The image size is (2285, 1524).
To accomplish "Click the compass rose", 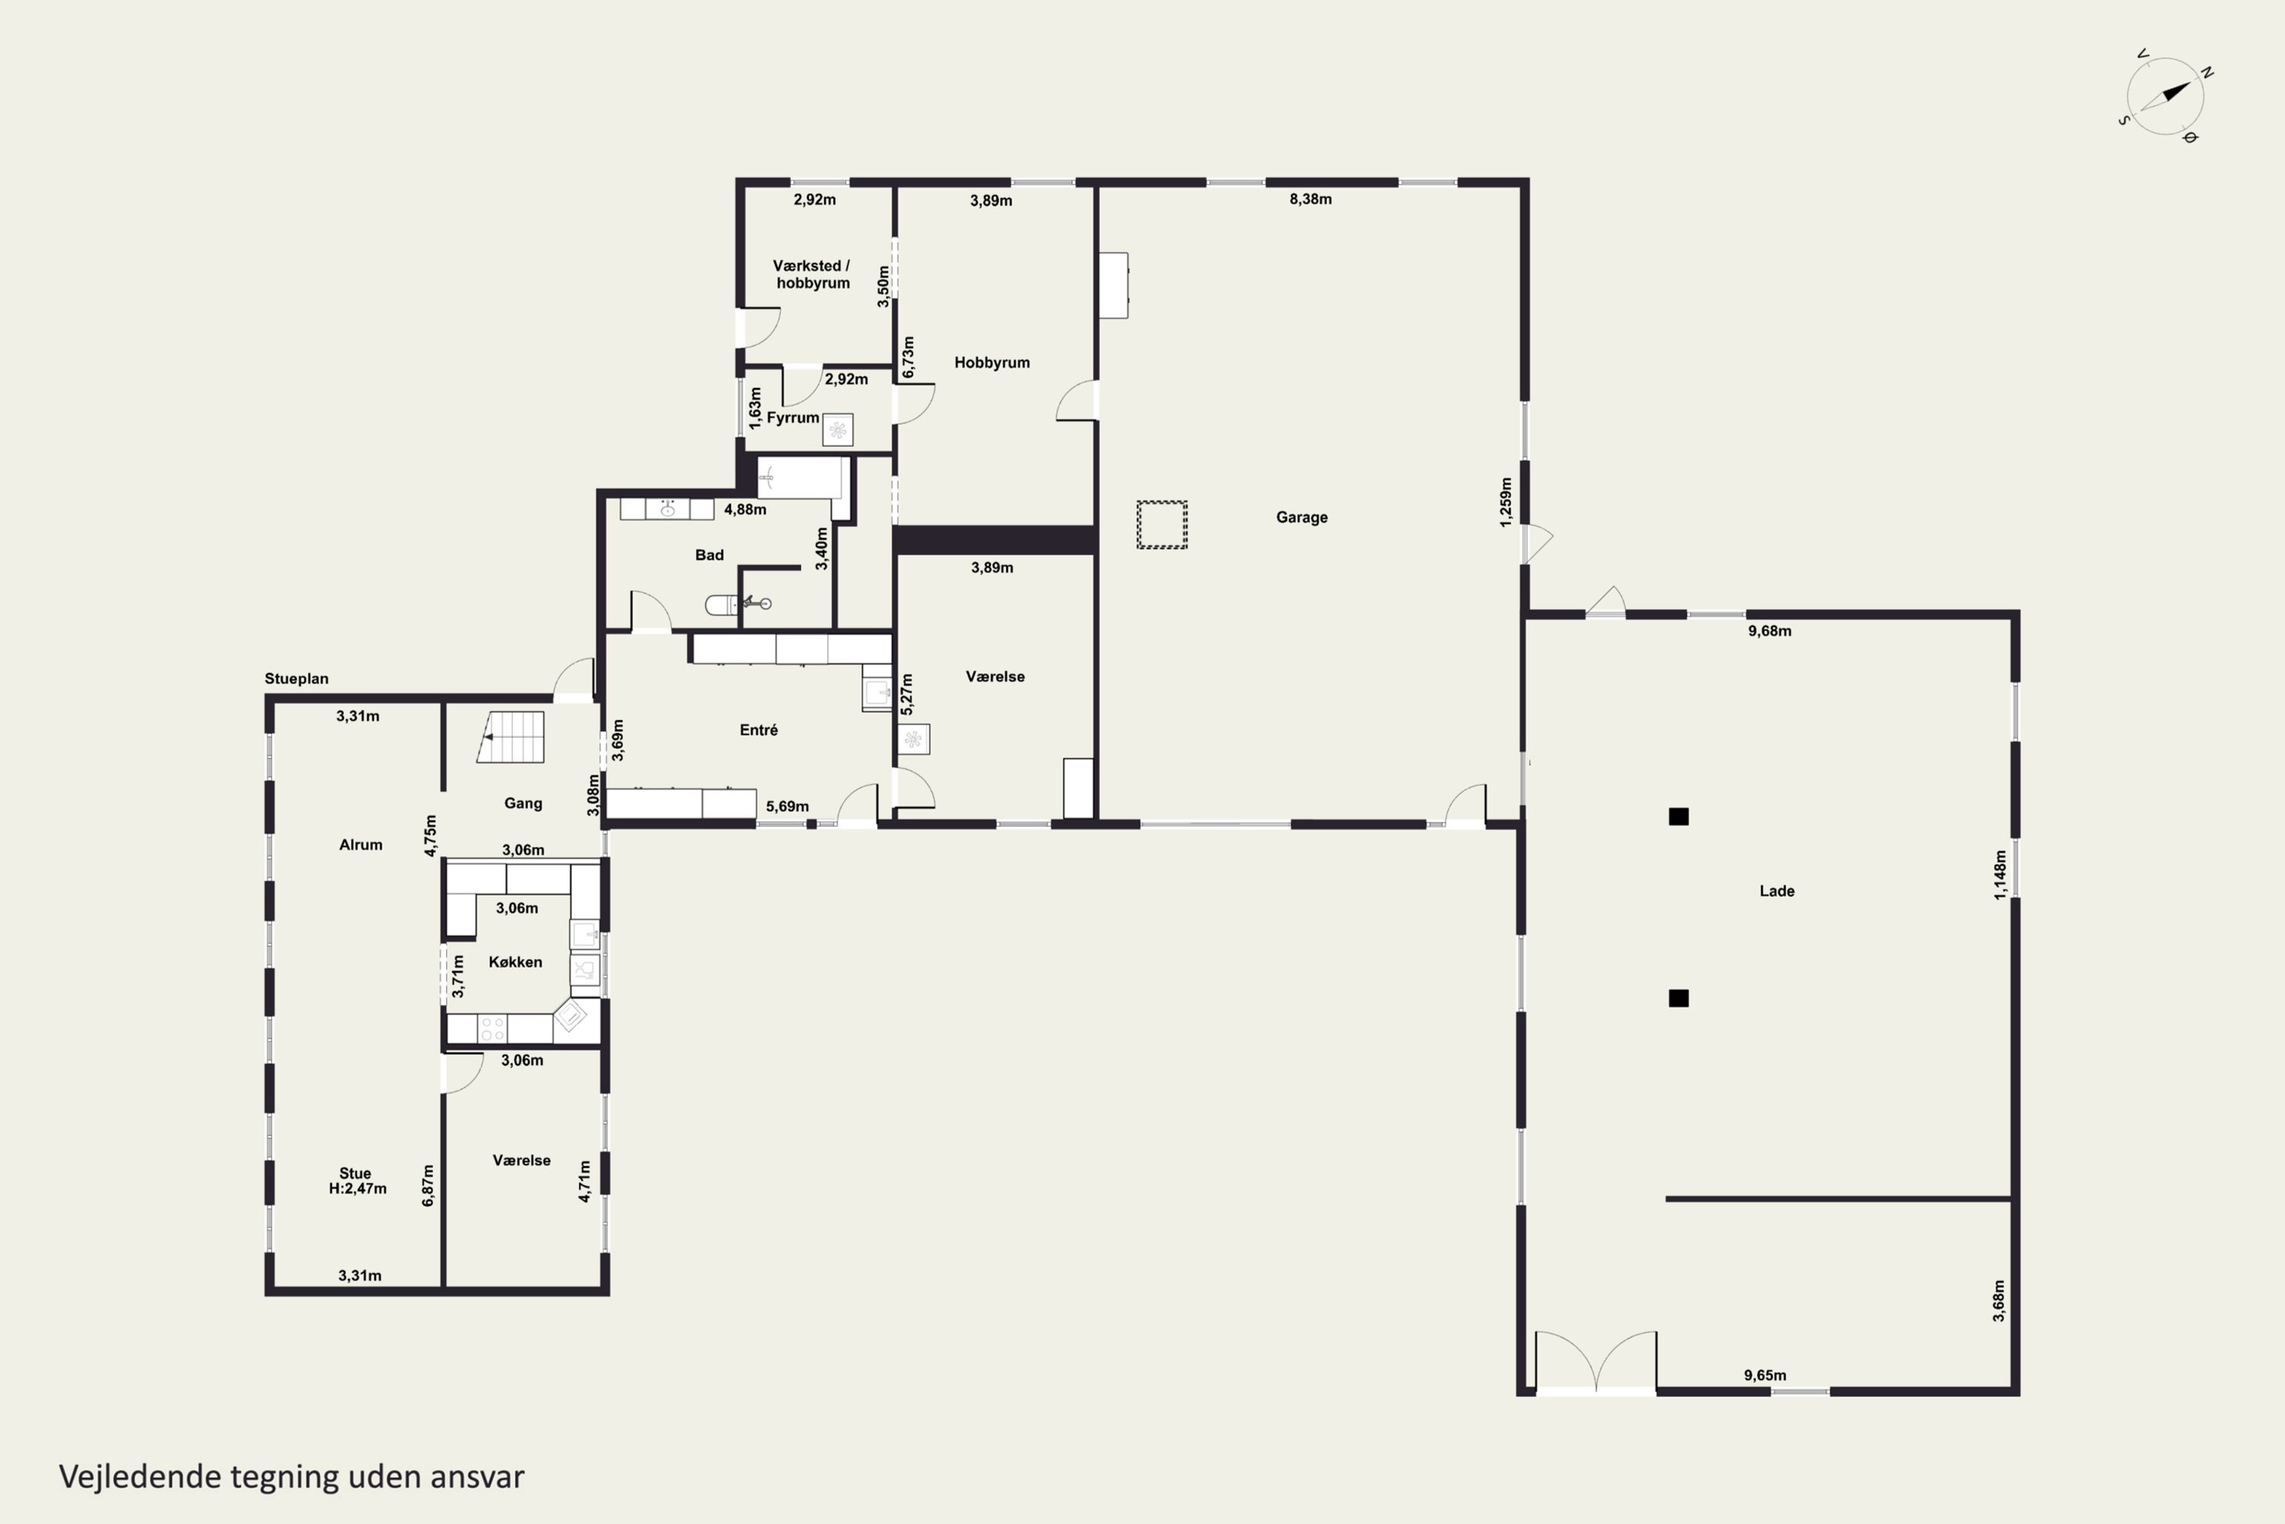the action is tap(2165, 95).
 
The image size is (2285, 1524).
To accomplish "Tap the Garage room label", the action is tap(1302, 517).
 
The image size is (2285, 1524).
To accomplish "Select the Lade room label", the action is tap(1777, 892).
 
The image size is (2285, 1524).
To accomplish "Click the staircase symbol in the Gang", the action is tap(510, 737).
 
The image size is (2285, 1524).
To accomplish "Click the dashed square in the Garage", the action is tap(1162, 525).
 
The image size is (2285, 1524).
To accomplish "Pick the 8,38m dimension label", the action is tap(1311, 199).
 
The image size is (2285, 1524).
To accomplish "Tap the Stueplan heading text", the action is tap(296, 678).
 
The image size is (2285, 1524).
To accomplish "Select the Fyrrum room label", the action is tap(793, 418).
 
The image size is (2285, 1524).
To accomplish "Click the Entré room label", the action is tap(759, 730).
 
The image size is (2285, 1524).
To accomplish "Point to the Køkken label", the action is tap(515, 962).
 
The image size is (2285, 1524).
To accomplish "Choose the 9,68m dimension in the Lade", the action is tap(1770, 631).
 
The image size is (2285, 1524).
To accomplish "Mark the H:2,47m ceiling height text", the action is tap(357, 1189).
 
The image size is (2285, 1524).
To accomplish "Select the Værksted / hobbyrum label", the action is tap(812, 274).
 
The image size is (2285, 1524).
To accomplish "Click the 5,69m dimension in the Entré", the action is tap(787, 807).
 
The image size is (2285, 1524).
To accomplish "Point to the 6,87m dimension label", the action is tap(428, 1186).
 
